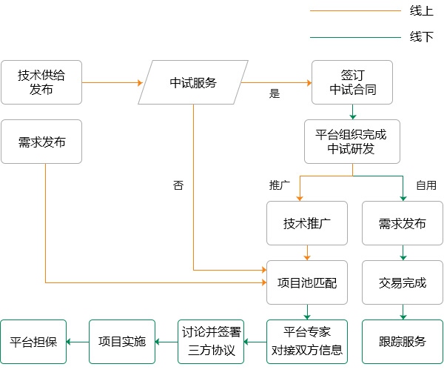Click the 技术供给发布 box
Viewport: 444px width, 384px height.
(x=41, y=82)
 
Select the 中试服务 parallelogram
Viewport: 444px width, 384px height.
(x=193, y=82)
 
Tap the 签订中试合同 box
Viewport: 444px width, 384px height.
(x=352, y=82)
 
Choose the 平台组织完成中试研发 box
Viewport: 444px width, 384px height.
(x=352, y=142)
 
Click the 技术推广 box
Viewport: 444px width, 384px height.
(x=307, y=223)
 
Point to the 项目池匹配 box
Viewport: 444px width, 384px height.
(x=307, y=282)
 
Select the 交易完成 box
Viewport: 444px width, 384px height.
(x=403, y=282)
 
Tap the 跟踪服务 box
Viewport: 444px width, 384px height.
(x=403, y=342)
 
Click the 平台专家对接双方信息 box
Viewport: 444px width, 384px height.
(x=307, y=342)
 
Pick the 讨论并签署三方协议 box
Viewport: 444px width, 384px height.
(x=211, y=342)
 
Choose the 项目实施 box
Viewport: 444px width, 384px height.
(x=122, y=342)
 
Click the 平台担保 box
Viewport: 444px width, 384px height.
(x=33, y=342)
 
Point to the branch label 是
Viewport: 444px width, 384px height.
(x=275, y=93)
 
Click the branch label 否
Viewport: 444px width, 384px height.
(x=178, y=185)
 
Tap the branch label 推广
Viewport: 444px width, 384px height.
(x=280, y=185)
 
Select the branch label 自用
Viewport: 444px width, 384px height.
(x=426, y=185)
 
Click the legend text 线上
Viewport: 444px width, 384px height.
(x=422, y=11)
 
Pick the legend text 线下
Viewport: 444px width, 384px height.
(x=422, y=37)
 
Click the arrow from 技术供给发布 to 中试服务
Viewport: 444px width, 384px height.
(x=112, y=82)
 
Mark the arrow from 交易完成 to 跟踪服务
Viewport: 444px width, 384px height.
(x=403, y=312)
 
